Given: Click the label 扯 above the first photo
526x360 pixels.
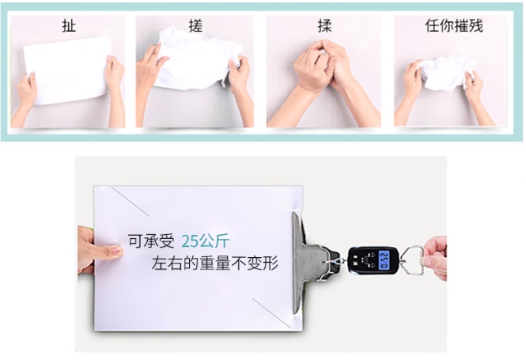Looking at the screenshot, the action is [x=69, y=26].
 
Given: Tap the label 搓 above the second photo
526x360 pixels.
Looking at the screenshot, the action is [x=195, y=25].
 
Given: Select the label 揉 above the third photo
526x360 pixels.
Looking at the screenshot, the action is [x=325, y=26].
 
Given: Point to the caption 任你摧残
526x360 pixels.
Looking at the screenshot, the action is [x=454, y=25].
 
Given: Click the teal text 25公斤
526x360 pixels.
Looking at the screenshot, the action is [x=206, y=241].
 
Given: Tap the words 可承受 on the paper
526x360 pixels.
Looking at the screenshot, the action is [x=151, y=241].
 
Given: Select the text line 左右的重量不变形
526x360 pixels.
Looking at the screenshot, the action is [x=214, y=263].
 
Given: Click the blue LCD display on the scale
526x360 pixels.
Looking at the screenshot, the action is [x=384, y=260].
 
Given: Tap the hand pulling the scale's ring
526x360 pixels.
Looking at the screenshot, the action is [x=435, y=258].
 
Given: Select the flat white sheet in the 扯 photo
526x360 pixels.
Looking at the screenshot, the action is [x=68, y=70].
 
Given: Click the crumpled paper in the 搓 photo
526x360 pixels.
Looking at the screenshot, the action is [x=198, y=60].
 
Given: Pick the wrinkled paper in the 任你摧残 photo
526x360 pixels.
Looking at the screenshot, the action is [x=446, y=74].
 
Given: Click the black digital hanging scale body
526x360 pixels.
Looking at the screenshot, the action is [x=373, y=260].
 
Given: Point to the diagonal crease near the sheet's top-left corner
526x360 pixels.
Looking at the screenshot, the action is [x=131, y=201].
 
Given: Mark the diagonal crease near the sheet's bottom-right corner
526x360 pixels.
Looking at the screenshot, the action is [x=272, y=313].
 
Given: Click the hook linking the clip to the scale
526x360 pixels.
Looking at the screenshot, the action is [x=335, y=261].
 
